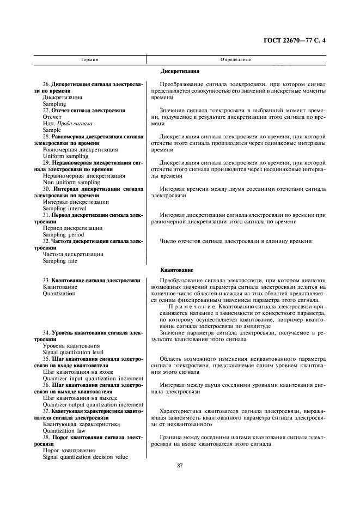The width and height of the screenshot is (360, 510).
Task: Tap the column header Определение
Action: tap(235, 59)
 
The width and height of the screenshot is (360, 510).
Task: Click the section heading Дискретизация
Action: tap(180, 71)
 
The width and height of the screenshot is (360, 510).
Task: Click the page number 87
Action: tap(180, 465)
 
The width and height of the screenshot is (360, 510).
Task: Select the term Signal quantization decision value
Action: tap(85, 457)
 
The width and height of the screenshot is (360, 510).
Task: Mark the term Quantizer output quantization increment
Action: tap(93, 404)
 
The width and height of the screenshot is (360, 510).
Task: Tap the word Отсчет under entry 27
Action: tap(52, 117)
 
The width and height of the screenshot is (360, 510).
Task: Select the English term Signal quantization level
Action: tap(73, 352)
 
